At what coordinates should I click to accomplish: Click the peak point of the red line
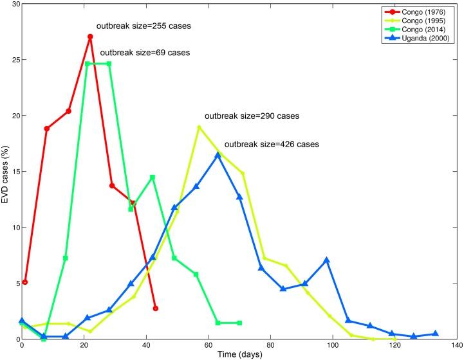[x=90, y=37]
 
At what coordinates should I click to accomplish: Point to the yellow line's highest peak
[x=199, y=127]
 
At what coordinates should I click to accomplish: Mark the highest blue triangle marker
[x=218, y=155]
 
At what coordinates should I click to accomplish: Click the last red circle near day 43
[x=156, y=309]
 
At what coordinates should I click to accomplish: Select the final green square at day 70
[x=239, y=323]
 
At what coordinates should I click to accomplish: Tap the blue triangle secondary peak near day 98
[x=327, y=260]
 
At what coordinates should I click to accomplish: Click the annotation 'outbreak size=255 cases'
[x=144, y=26]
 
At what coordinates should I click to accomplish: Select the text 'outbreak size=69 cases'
[x=145, y=53]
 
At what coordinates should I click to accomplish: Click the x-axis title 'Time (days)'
[x=239, y=355]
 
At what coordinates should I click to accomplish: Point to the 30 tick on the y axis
[x=14, y=4]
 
